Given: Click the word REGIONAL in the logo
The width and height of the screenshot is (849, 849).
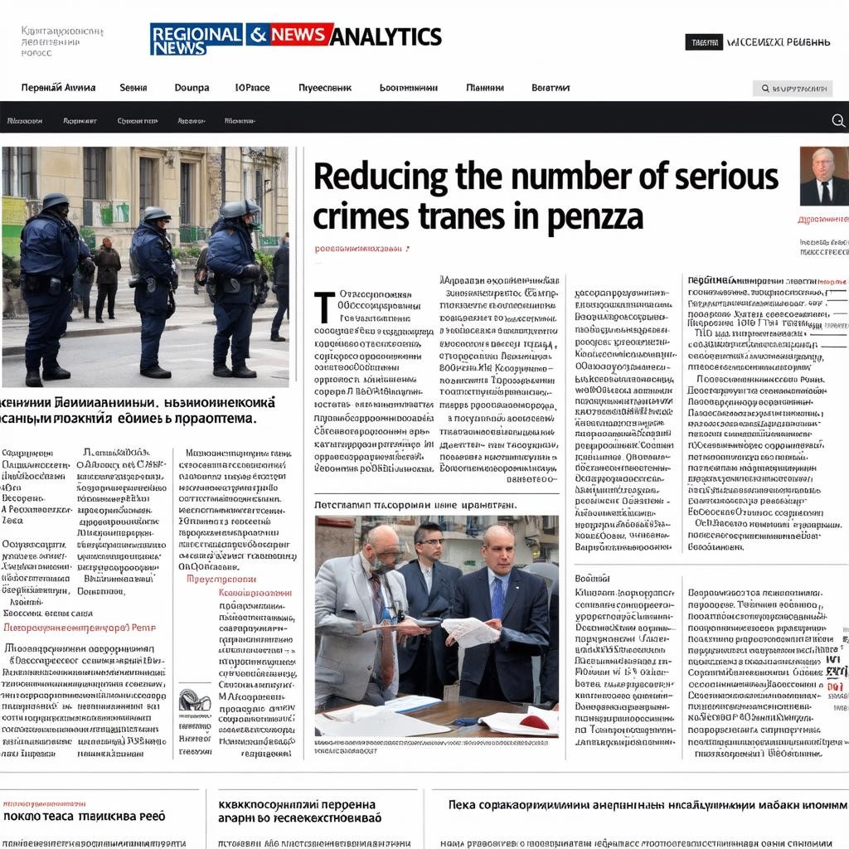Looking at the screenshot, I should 196,33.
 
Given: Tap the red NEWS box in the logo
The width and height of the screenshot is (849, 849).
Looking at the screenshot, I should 301,35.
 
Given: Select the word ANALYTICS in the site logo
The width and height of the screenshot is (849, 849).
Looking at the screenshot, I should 387,36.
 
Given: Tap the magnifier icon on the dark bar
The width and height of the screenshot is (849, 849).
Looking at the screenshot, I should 837,121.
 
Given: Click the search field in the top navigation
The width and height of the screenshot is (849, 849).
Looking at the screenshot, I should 793,88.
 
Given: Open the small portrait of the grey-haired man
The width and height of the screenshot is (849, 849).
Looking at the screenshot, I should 823,176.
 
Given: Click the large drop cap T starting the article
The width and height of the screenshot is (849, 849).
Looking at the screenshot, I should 324,307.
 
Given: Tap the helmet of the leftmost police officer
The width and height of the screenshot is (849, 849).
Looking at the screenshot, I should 56,201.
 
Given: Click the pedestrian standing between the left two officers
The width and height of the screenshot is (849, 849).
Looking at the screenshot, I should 107,278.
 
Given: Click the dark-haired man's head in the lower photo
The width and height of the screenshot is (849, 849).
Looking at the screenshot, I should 429,540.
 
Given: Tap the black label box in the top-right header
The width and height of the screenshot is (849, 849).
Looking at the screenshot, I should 703,42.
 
